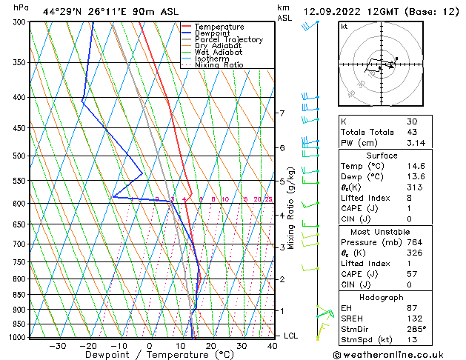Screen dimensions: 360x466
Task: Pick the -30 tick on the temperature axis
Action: (57, 346)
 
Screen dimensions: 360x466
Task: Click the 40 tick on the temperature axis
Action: (273, 346)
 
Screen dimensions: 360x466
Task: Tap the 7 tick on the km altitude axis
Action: (282, 113)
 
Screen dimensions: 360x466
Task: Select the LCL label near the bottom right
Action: (291, 336)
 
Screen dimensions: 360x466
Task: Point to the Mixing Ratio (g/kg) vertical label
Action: (290, 207)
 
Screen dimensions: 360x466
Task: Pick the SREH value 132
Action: (415, 319)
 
